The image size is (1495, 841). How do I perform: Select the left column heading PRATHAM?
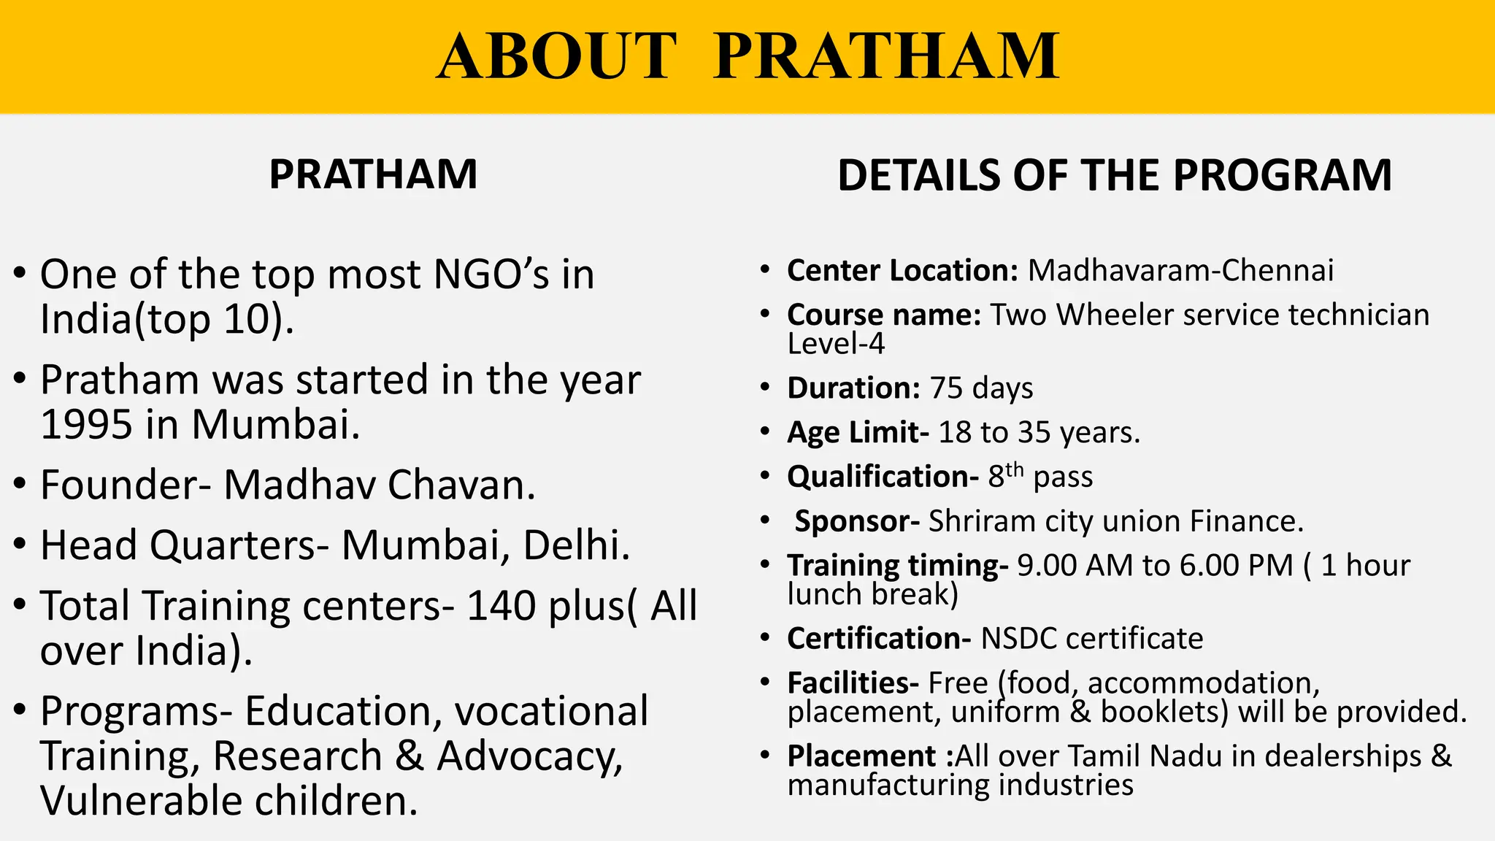click(373, 174)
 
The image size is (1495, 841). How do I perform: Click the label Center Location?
click(902, 271)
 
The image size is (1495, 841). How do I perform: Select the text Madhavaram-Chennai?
click(1180, 271)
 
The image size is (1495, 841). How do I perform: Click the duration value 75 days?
click(981, 388)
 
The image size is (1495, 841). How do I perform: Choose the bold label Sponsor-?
click(857, 521)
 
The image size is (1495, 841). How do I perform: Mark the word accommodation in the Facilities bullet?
click(1203, 683)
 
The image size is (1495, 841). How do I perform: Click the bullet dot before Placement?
click(764, 754)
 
